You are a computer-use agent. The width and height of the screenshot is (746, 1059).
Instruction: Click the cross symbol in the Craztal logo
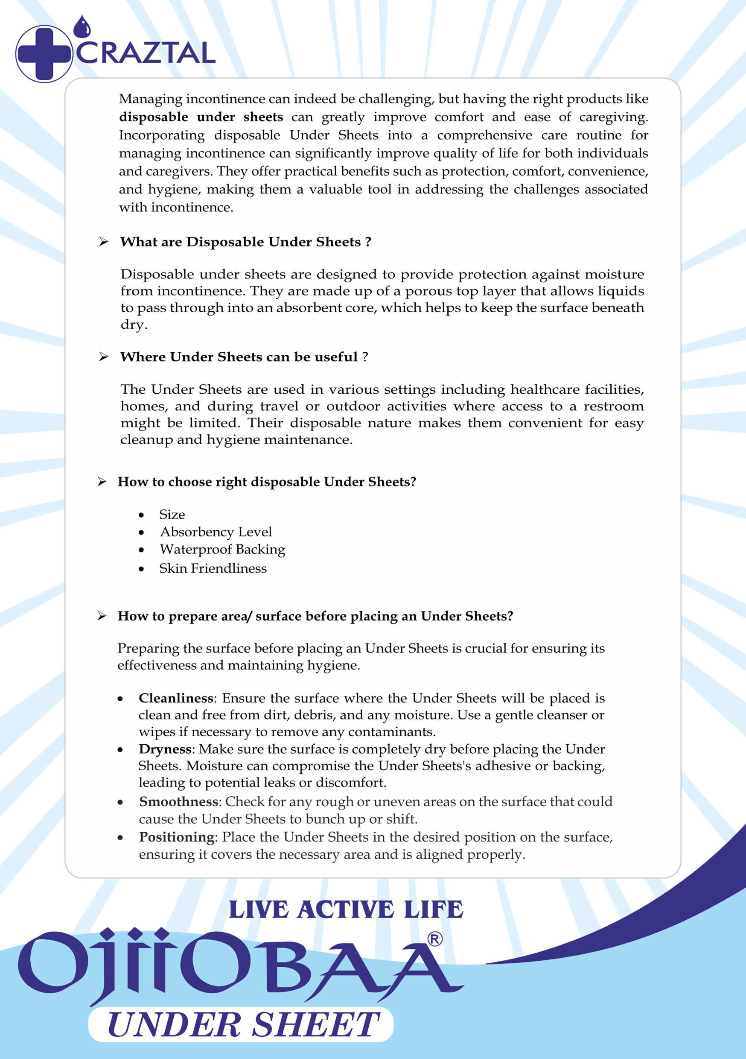(x=44, y=54)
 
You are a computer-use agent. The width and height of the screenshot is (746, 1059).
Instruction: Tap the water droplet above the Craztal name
(x=82, y=27)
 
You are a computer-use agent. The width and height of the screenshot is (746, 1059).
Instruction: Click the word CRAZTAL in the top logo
(x=146, y=53)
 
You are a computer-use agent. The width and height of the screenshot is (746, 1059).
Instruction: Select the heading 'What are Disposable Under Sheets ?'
(x=245, y=242)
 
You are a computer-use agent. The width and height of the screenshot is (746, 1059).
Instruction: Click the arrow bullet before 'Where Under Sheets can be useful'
(x=103, y=357)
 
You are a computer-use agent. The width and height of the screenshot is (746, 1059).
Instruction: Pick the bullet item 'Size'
(x=172, y=514)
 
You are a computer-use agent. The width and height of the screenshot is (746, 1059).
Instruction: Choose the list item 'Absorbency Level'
(x=216, y=532)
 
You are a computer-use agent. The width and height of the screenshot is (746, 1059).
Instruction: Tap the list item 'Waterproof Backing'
(x=222, y=549)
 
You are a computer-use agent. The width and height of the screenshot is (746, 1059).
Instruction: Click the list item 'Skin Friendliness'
(x=213, y=568)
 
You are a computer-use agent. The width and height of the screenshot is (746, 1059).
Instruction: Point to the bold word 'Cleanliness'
(x=176, y=698)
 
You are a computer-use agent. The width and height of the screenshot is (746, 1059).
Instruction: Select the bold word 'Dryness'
(x=165, y=749)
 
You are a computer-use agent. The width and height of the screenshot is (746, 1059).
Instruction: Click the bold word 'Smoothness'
(x=178, y=802)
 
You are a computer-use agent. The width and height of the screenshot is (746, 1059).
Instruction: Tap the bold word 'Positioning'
(x=177, y=837)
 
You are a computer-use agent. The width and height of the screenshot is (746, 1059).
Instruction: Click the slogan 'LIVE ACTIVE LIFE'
(x=346, y=909)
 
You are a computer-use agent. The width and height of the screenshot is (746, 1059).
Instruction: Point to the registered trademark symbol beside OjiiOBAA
(x=435, y=939)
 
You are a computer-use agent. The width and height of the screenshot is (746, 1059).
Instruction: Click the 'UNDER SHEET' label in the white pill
(x=243, y=1025)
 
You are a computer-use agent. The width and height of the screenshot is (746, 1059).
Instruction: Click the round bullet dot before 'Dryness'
(x=120, y=750)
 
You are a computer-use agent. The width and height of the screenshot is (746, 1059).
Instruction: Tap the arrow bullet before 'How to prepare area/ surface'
(x=102, y=616)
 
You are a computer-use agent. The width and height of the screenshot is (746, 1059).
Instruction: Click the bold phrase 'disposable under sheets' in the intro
(x=201, y=117)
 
